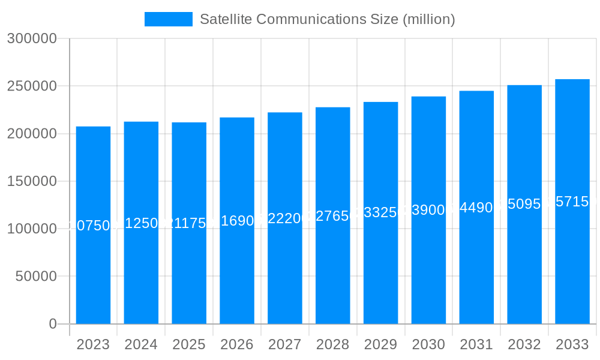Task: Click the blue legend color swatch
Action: tap(169, 19)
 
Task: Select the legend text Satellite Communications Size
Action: tap(299, 19)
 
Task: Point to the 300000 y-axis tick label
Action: tap(32, 38)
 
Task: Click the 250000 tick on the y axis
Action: tap(32, 86)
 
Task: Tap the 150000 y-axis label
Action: tap(32, 181)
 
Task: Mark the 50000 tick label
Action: tap(35, 277)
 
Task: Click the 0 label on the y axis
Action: tap(53, 324)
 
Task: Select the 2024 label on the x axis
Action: tap(141, 344)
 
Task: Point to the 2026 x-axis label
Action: tap(237, 344)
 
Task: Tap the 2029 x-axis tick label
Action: tap(380, 344)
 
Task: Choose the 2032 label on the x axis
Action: tap(524, 344)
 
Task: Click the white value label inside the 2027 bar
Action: tap(285, 218)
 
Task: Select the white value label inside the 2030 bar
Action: tap(428, 210)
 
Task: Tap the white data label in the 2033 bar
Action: tap(572, 202)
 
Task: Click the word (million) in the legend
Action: tap(428, 19)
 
